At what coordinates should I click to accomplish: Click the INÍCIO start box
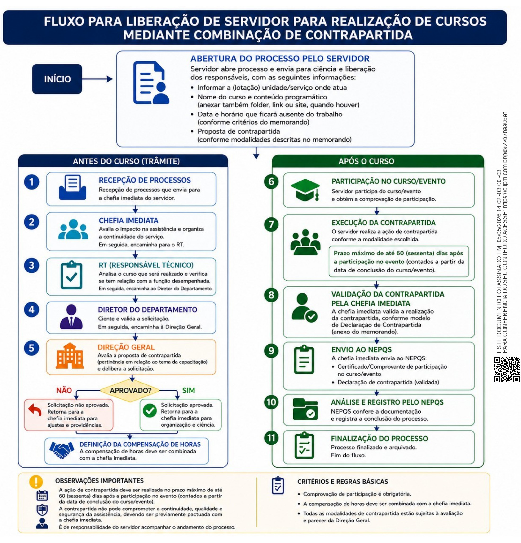click(x=57, y=79)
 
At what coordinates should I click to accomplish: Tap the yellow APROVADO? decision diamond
click(x=130, y=390)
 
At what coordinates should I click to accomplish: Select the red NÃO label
click(x=64, y=390)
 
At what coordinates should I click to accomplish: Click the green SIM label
click(x=189, y=390)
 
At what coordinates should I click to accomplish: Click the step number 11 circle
click(x=271, y=438)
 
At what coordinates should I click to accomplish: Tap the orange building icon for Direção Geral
click(x=70, y=356)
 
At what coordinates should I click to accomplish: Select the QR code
click(x=507, y=370)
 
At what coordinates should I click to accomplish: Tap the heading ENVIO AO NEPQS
click(x=362, y=350)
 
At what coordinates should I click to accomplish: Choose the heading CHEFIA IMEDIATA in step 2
click(x=128, y=220)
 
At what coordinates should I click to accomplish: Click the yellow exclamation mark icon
click(x=36, y=482)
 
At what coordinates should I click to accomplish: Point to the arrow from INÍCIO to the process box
click(x=97, y=79)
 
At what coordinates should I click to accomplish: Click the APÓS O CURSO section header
click(x=366, y=161)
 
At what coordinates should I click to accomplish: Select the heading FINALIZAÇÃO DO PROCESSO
click(x=379, y=439)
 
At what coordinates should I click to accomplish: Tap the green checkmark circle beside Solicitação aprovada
click(x=150, y=411)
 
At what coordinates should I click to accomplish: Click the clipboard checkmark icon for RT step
click(x=72, y=275)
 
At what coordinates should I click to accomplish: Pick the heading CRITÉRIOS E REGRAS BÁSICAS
click(x=343, y=482)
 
